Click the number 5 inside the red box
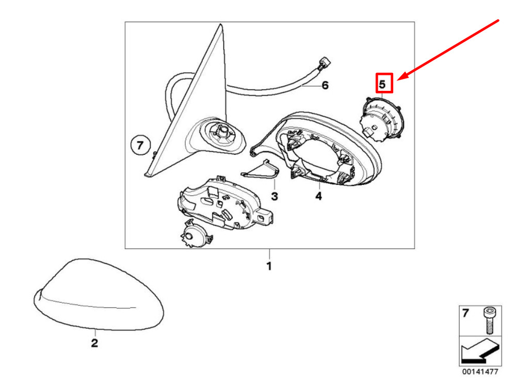point(382,84)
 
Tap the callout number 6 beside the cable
point(325,86)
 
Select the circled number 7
point(140,145)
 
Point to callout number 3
point(275,197)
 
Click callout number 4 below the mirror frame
point(318,196)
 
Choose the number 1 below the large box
point(269,266)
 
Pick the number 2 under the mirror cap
point(94,343)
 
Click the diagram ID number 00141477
point(480,372)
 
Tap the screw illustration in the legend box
point(488,320)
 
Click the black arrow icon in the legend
point(480,350)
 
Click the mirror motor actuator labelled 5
point(382,119)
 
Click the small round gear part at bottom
point(195,234)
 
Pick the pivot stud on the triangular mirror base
point(222,131)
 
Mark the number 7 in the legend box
point(465,313)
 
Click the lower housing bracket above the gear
point(225,204)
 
